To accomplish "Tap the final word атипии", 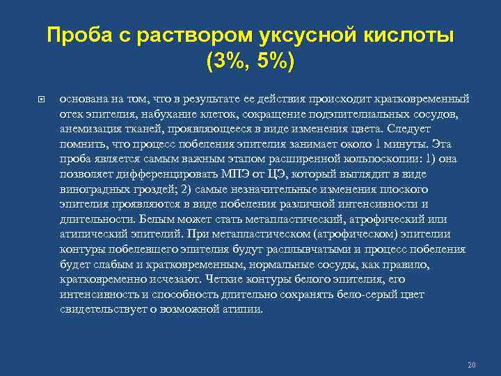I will [244, 310].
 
